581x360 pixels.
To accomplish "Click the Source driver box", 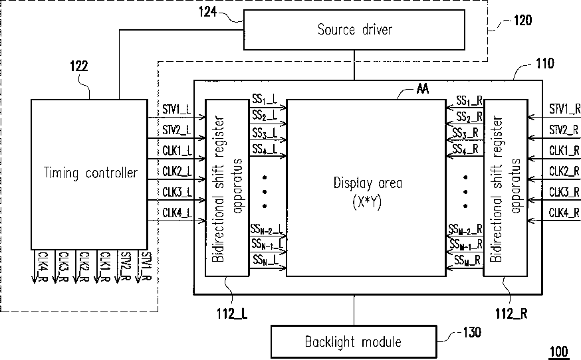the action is click(354, 30).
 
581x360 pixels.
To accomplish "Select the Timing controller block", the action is click(89, 175).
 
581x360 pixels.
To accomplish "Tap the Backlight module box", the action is click(354, 341).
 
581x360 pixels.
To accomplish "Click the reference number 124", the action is click(207, 12).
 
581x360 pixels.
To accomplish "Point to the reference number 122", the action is click(79, 66).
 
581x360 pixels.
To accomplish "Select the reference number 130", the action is click(472, 332).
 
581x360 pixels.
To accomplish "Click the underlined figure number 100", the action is click(559, 351).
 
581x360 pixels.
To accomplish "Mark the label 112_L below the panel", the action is click(232, 314).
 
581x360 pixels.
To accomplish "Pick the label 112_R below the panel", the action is click(511, 314).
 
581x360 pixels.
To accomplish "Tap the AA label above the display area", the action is click(423, 89).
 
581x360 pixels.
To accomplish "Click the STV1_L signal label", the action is click(177, 109).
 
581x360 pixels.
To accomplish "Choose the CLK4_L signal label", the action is click(177, 213).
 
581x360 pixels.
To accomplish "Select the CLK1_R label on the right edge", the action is click(564, 150).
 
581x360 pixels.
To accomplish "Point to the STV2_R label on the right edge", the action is click(564, 130).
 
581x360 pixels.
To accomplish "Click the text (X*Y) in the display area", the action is click(367, 202).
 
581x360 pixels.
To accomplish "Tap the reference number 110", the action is click(545, 63).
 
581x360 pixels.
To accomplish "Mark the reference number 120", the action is click(523, 20).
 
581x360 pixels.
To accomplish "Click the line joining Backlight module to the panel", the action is click(354, 310).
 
